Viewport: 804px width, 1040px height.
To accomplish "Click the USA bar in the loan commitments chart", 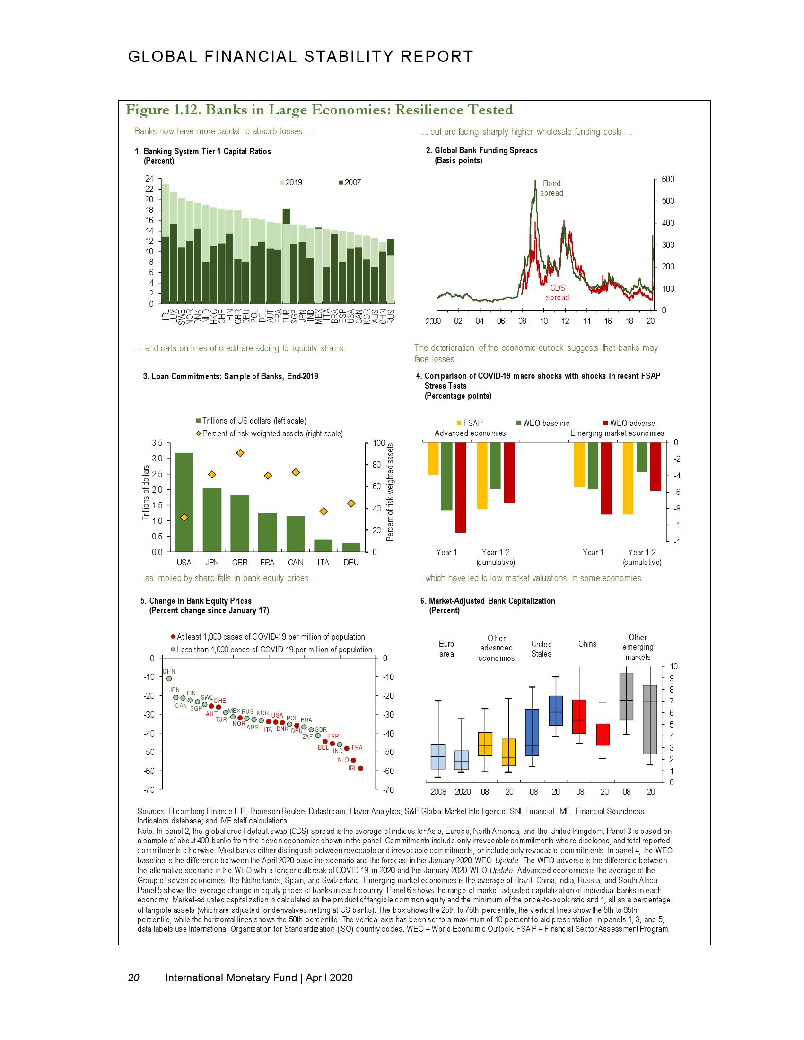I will click(x=184, y=502).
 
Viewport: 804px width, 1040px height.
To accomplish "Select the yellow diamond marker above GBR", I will click(x=241, y=453).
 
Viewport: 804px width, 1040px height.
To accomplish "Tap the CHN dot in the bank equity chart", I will click(x=169, y=678).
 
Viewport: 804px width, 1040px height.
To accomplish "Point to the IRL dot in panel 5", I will click(x=360, y=768).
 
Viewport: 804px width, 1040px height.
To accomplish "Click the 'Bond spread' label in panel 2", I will click(x=551, y=188).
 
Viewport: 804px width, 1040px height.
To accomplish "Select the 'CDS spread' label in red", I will click(x=557, y=293).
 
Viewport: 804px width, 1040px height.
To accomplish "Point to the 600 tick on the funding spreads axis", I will click(x=668, y=179).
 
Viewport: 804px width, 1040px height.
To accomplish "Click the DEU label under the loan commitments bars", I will click(x=351, y=563).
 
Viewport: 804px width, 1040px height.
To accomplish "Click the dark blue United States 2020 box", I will click(x=556, y=711).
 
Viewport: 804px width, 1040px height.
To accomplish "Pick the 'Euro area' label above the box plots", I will click(x=446, y=649).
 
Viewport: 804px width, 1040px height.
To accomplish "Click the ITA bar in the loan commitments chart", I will click(x=323, y=545).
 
